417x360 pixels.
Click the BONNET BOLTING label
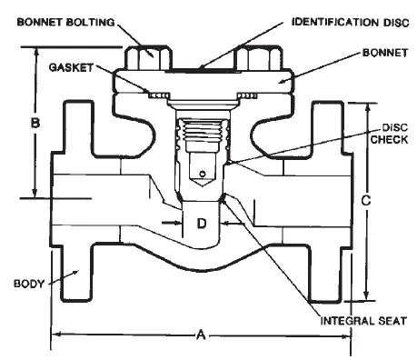point(65,23)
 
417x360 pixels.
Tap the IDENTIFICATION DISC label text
point(351,23)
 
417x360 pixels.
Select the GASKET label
point(71,67)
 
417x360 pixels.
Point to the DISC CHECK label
point(389,134)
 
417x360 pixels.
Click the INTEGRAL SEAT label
point(363,321)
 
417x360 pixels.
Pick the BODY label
point(29,284)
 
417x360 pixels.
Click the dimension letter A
point(201,335)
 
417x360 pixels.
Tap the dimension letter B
point(35,124)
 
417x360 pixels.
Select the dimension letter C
point(366,200)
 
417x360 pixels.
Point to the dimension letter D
point(202,224)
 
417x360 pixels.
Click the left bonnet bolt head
point(149,57)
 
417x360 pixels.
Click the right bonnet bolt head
point(259,57)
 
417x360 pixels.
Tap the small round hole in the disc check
point(203,174)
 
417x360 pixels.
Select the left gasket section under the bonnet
point(159,95)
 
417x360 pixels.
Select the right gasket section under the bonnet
point(247,95)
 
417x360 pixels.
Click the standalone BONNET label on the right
point(385,53)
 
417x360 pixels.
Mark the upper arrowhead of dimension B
point(36,52)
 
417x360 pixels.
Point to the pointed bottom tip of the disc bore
point(203,186)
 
